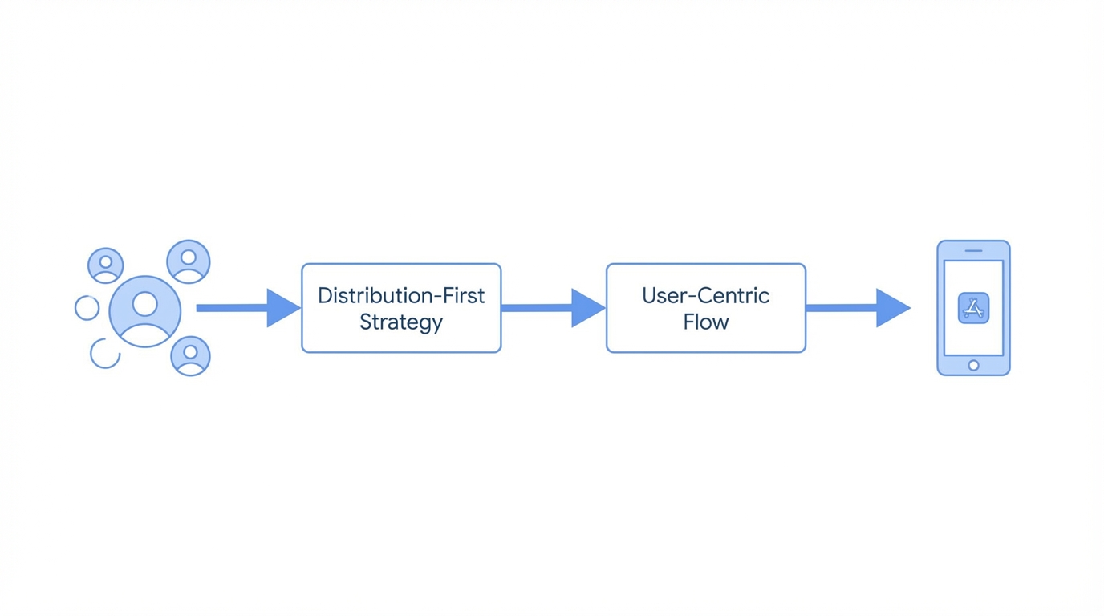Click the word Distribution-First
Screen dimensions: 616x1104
(401, 296)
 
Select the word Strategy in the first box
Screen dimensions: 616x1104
(401, 322)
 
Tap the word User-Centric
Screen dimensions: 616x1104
(705, 296)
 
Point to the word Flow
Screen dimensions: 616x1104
(705, 322)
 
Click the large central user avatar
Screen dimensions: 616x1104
(145, 312)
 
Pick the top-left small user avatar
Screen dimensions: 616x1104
(106, 265)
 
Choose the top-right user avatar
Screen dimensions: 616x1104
(189, 261)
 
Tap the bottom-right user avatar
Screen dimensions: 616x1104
(190, 356)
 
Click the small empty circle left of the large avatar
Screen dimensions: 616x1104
(87, 307)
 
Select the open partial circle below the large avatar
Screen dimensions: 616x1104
(105, 354)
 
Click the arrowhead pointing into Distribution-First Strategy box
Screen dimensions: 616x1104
(282, 308)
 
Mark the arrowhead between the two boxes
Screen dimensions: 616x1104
(586, 308)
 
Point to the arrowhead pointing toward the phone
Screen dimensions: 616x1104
(891, 308)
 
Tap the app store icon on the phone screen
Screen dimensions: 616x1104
(973, 308)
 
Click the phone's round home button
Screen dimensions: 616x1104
(973, 366)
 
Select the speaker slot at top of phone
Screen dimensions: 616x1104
(973, 251)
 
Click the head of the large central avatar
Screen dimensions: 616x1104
(145, 303)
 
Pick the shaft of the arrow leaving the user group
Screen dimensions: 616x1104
(232, 308)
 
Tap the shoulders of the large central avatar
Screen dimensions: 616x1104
(145, 334)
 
